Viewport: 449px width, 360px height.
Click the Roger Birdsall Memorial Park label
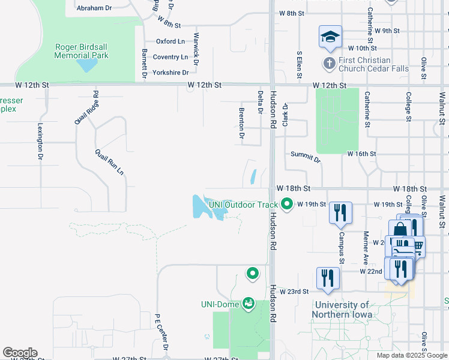coord(81,51)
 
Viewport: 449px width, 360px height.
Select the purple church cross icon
coord(329,62)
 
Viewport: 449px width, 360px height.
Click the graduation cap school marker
coord(330,38)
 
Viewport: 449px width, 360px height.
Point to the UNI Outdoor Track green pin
coord(287,205)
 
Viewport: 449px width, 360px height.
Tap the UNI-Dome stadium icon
coord(248,304)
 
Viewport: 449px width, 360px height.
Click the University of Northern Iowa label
coord(342,310)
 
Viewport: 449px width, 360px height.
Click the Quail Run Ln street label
coord(109,161)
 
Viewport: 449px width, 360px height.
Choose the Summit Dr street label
coord(306,157)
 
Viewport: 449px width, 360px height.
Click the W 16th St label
coord(361,154)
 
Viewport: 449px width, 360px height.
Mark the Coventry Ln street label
coord(171,57)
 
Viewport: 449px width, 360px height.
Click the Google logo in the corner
coord(20,353)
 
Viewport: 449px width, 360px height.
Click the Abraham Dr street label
coord(94,8)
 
